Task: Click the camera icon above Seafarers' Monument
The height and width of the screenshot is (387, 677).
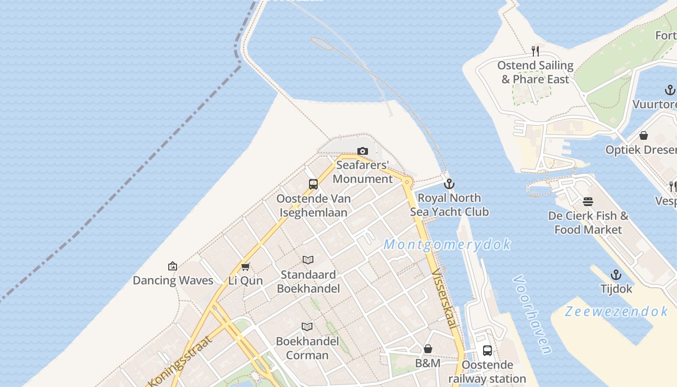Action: click(362, 151)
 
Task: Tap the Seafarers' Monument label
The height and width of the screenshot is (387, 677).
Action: click(363, 172)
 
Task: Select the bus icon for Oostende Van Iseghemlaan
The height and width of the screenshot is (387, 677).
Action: click(313, 184)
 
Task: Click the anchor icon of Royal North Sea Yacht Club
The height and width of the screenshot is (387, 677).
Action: click(450, 184)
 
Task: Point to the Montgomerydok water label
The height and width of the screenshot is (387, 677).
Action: click(447, 245)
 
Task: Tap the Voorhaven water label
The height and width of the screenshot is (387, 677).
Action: click(532, 314)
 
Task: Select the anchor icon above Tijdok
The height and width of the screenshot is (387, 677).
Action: click(616, 275)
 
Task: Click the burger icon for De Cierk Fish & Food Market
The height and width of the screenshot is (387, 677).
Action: click(588, 202)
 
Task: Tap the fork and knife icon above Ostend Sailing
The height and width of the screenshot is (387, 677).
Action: click(535, 51)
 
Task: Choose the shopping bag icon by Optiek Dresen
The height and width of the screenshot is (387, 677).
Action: click(644, 136)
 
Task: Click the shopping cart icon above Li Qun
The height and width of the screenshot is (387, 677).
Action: click(245, 267)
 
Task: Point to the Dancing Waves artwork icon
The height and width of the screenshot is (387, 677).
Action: click(172, 266)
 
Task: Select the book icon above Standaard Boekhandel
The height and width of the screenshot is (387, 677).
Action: click(308, 260)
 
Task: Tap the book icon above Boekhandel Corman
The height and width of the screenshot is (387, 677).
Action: click(307, 327)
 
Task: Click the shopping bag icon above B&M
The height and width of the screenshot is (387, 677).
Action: click(428, 349)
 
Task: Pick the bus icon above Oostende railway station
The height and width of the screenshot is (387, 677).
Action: click(487, 351)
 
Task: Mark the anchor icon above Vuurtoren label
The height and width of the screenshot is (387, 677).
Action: click(670, 90)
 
